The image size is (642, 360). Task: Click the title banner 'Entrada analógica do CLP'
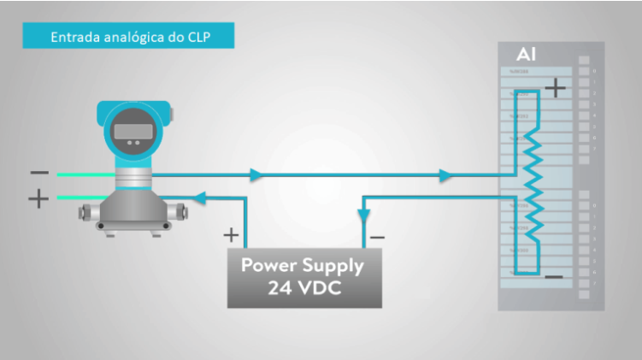pyautogui.click(x=128, y=37)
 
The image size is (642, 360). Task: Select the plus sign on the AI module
pyautogui.click(x=556, y=86)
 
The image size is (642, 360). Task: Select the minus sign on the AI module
pyautogui.click(x=553, y=276)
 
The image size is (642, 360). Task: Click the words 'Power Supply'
pyautogui.click(x=302, y=265)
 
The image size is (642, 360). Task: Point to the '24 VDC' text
pyautogui.click(x=302, y=288)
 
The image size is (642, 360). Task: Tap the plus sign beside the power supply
pyautogui.click(x=230, y=233)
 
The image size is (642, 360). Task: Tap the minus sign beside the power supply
pyautogui.click(x=378, y=236)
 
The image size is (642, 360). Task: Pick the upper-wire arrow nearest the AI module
pyautogui.click(x=445, y=175)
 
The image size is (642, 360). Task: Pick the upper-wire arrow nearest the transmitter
pyautogui.click(x=254, y=175)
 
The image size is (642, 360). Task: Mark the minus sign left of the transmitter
pyautogui.click(x=38, y=173)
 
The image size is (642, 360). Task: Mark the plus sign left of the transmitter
pyautogui.click(x=38, y=199)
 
